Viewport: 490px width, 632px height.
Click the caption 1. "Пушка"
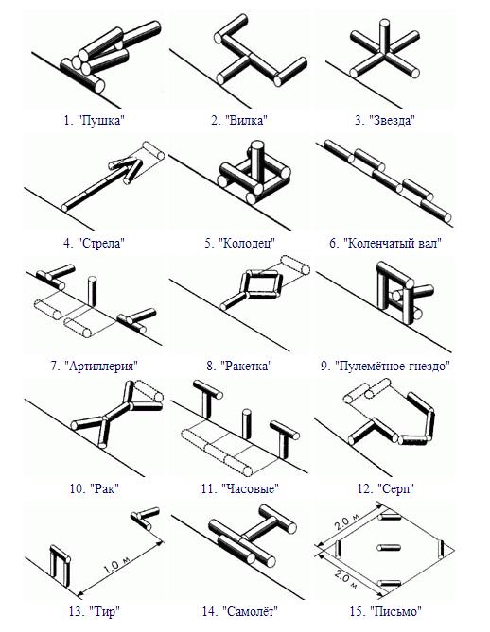click(x=94, y=120)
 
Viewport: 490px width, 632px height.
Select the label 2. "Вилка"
click(x=239, y=120)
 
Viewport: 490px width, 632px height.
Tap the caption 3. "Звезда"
click(x=385, y=120)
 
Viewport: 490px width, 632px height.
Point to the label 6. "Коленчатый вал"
click(x=385, y=243)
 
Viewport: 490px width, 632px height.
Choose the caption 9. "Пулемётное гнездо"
click(x=385, y=366)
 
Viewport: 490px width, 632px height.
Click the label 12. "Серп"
click(x=385, y=489)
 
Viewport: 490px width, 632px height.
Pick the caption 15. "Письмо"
click(x=385, y=611)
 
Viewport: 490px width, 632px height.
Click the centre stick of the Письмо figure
click(x=389, y=547)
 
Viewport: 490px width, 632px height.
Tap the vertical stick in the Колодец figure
click(x=256, y=162)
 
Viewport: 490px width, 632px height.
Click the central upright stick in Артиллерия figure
click(x=92, y=290)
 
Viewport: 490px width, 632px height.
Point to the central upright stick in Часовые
click(x=246, y=424)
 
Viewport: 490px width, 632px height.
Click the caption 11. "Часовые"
click(x=240, y=489)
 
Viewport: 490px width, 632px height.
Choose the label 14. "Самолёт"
click(x=240, y=611)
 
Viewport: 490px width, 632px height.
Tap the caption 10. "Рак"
click(x=94, y=489)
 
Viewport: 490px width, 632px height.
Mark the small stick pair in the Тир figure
click(x=145, y=517)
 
